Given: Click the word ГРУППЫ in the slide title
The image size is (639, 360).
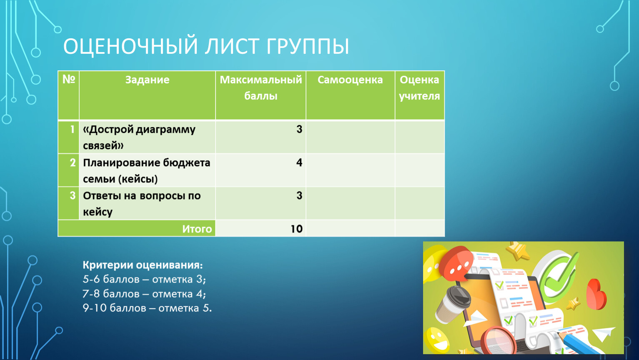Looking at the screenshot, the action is point(308,46).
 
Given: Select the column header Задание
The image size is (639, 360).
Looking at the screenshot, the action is point(147,80).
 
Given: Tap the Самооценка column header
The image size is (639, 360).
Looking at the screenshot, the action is point(350,80).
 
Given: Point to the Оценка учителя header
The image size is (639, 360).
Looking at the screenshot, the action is point(419,88).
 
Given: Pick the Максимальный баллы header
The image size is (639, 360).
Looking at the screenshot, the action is point(261,88).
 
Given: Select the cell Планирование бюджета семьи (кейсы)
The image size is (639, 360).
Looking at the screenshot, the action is point(147,170).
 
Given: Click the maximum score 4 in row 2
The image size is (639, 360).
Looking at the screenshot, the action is point(299,162).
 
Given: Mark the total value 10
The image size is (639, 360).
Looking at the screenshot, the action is point(297,229).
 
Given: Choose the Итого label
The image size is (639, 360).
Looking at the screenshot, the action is point(197,229).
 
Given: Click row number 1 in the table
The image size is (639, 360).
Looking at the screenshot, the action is point(73,129).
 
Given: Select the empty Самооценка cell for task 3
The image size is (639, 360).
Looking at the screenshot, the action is point(350,203).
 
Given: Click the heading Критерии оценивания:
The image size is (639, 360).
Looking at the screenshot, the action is point(143,265).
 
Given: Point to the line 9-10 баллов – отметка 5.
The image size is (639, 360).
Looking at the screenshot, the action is point(147,308).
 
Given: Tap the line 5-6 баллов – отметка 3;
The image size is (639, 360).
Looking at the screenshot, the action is point(144,279).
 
